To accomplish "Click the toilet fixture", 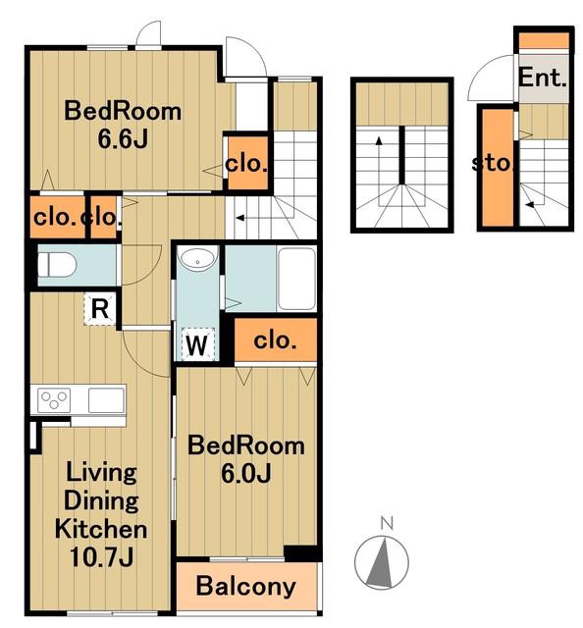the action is pos(57,264).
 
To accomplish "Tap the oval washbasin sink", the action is pos(197,258).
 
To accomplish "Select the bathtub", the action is pos(296,279).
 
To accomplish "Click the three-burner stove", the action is pos(54,399).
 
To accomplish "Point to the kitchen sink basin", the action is pos(106,399).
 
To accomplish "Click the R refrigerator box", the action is pos(100,309).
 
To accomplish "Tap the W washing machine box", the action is pos(198,344).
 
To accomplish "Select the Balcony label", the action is pos(246,586).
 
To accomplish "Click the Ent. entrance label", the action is pos(543,78).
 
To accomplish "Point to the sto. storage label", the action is pos(492,163).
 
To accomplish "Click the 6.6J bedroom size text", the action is pos(123,138).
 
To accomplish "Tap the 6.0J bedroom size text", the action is pos(246,473).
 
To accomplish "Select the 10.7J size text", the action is pos(101,556).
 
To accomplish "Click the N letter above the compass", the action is pos(387,522).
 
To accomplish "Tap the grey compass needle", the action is pos(381,562).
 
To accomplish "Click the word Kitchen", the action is pos(101,529).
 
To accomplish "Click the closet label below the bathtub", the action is pos(275,340).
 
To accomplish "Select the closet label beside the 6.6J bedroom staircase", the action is pos(246,164).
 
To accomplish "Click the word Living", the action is pos(101,474).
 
